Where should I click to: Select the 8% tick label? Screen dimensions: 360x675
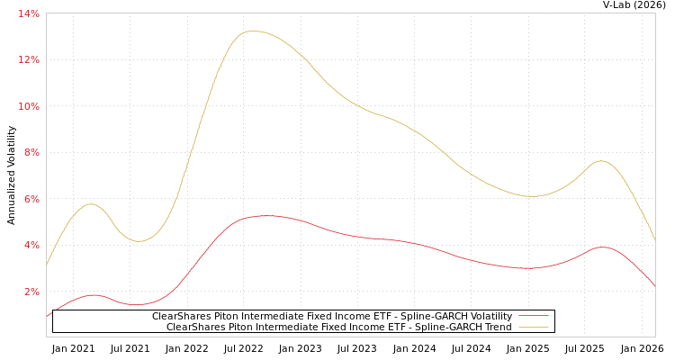click(x=31, y=153)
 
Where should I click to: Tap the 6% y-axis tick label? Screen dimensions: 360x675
click(x=31, y=199)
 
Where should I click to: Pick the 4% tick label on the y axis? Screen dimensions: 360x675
click(x=31, y=246)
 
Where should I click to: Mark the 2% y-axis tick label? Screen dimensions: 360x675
click(x=31, y=292)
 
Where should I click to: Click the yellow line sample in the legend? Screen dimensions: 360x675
click(x=533, y=328)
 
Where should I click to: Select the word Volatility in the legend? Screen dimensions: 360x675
click(x=488, y=317)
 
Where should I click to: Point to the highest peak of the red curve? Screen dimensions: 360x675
click(x=263, y=216)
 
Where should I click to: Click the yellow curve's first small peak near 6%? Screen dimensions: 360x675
click(x=90, y=204)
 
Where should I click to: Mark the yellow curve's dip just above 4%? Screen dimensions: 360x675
click(x=138, y=241)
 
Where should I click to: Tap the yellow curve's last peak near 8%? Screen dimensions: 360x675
click(x=601, y=161)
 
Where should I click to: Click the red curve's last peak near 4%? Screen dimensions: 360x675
click(x=601, y=247)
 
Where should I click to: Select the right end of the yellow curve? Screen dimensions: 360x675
click(x=654, y=239)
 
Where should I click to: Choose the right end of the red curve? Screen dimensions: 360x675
click(x=654, y=285)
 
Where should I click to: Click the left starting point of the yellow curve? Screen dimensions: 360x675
click(x=47, y=265)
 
